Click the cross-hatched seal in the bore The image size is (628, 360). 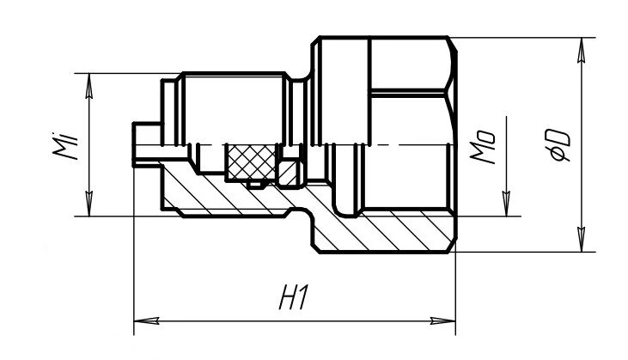250,162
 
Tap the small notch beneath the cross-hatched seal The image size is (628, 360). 254,183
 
